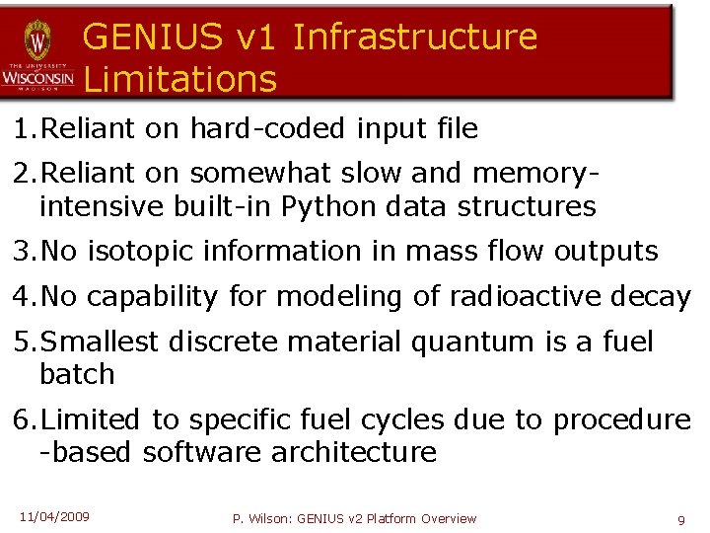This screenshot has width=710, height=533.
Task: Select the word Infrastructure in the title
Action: [x=415, y=37]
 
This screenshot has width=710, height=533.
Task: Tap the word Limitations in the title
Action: [x=180, y=78]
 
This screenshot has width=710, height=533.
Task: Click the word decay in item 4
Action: [x=651, y=296]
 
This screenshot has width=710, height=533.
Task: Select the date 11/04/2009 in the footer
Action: [x=54, y=516]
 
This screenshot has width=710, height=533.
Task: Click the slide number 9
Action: [x=681, y=519]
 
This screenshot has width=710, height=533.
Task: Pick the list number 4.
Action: [x=21, y=296]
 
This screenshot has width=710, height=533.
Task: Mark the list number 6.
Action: [x=21, y=419]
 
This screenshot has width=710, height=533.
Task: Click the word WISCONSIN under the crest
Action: [x=37, y=76]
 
